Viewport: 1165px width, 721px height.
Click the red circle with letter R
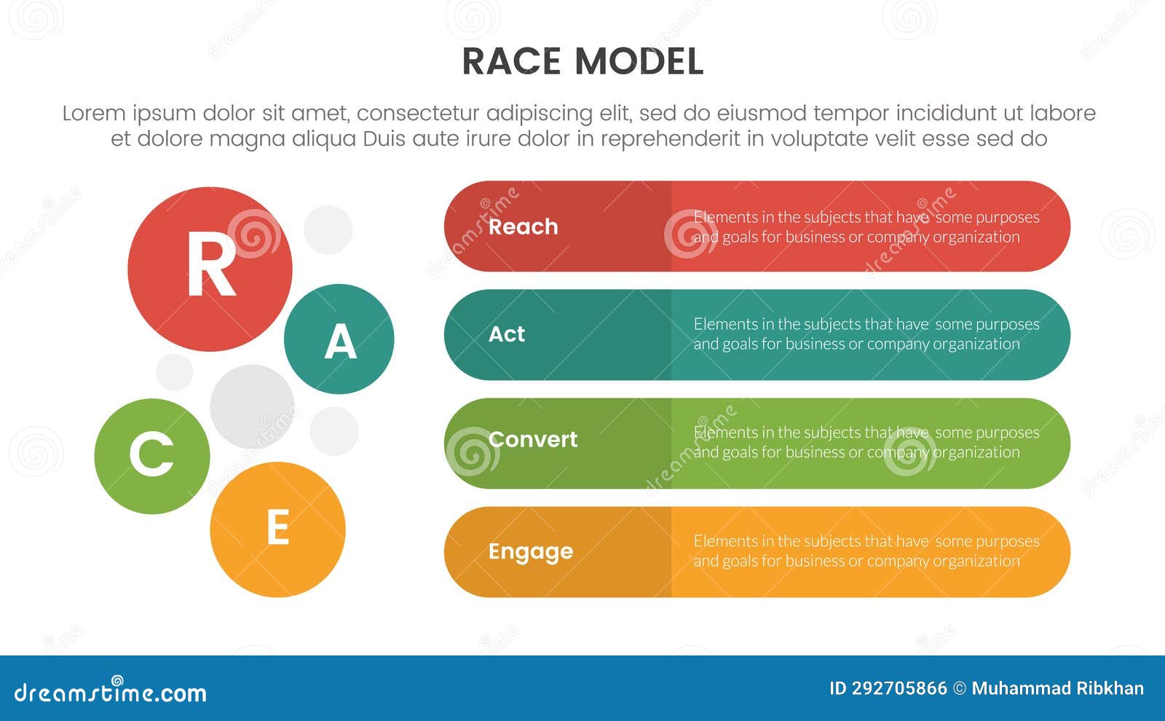coord(210,269)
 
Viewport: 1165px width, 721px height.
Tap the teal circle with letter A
coord(339,339)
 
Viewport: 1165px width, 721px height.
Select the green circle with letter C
coord(152,456)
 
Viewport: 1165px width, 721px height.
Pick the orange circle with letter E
coord(277,529)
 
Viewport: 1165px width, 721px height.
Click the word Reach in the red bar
coord(523,226)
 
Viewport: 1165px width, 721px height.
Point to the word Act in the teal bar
coord(506,334)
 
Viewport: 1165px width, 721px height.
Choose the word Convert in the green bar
coord(532,439)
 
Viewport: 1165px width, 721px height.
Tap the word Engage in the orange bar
coord(530,552)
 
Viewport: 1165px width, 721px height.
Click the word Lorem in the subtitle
coord(93,114)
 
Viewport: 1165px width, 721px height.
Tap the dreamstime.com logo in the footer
coord(110,692)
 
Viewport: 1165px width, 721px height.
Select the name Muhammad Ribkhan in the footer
coord(1057,688)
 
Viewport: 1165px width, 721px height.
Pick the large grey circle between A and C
coord(252,406)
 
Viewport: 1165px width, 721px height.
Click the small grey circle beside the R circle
coord(328,229)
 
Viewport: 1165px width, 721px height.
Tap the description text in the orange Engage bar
coord(866,551)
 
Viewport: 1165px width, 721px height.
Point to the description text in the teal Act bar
coord(866,334)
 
